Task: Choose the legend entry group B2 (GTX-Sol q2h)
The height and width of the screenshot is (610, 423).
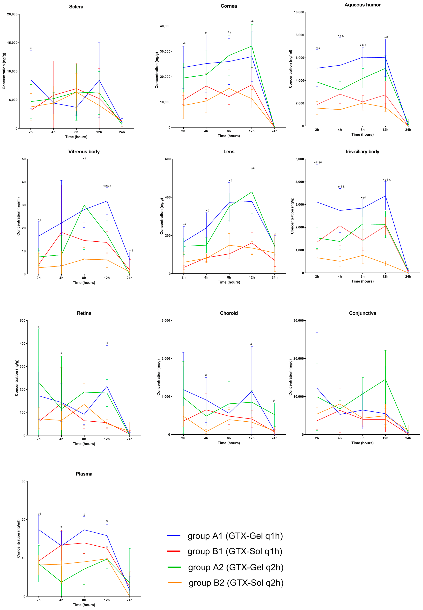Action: [236, 583]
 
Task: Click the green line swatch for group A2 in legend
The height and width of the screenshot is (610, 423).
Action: [174, 567]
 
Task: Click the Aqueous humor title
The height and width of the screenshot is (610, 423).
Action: [362, 5]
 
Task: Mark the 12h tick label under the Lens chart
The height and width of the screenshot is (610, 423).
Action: [252, 277]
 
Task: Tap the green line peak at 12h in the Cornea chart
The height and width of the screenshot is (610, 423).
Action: [252, 46]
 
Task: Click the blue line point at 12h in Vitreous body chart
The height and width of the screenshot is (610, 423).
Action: [107, 201]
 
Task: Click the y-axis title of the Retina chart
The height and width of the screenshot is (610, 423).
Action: [17, 378]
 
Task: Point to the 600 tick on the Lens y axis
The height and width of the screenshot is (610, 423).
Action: [168, 159]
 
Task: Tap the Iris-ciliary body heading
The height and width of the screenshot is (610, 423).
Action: [362, 152]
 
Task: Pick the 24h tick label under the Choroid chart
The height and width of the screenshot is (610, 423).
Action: [274, 438]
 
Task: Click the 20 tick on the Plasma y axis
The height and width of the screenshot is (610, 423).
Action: [23, 520]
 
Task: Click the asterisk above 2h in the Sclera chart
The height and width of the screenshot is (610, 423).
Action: [31, 48]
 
